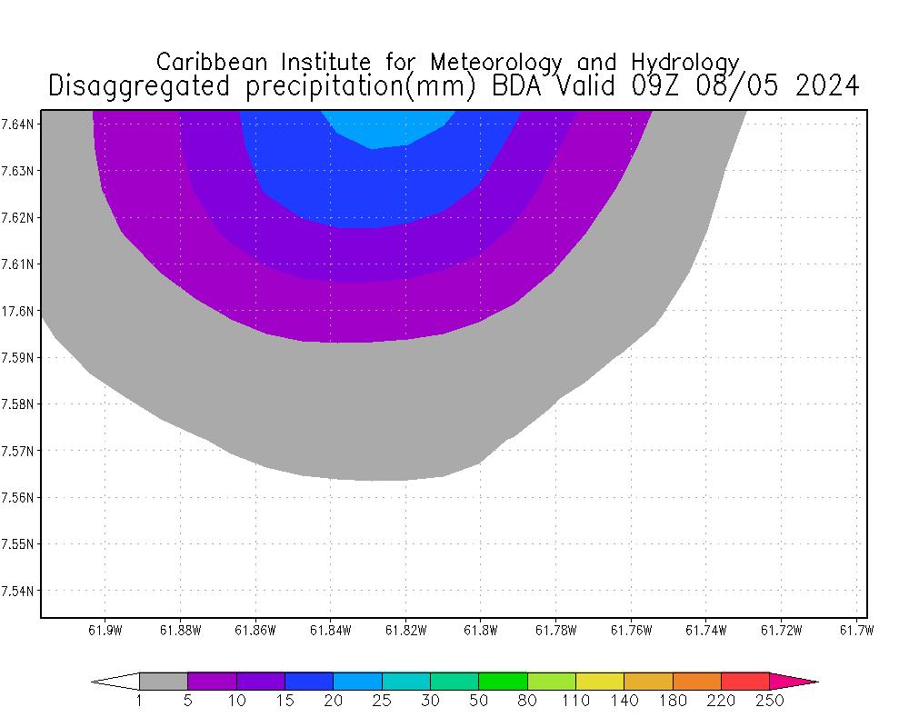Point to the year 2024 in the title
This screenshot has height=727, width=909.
click(x=826, y=85)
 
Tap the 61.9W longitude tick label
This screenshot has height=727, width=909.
click(x=105, y=630)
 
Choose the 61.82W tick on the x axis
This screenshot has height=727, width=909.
click(x=405, y=630)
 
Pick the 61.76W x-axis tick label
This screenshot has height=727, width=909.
click(x=630, y=630)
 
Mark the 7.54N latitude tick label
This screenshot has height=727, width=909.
click(x=19, y=591)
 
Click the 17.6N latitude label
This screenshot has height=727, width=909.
click(x=17, y=311)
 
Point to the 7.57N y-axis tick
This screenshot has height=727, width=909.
click(x=19, y=451)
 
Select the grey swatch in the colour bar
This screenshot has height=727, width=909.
click(x=164, y=681)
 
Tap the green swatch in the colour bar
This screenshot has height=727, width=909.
click(x=503, y=681)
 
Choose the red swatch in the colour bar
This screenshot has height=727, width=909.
click(x=745, y=681)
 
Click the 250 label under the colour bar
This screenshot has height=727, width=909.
click(x=770, y=701)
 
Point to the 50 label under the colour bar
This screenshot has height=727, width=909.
click(x=479, y=701)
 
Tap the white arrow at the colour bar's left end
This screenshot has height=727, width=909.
click(x=116, y=681)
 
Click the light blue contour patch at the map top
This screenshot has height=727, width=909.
click(x=386, y=127)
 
